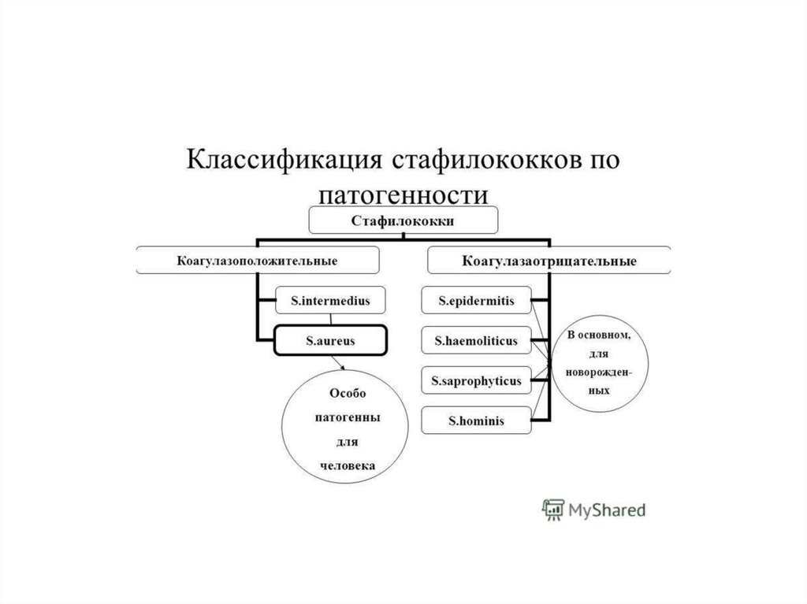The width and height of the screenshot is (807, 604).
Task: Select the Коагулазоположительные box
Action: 258,260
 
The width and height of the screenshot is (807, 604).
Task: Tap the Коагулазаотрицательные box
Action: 549,260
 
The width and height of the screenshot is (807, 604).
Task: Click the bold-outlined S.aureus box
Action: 330,341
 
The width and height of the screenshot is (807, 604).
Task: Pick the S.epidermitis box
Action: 475,300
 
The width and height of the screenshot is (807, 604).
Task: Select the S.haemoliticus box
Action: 475,341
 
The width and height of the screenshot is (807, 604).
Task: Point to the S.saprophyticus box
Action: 475,381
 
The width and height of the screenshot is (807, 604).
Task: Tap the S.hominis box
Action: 475,421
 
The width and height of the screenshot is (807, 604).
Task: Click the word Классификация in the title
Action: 284,160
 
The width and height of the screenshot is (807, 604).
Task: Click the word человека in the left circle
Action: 348,465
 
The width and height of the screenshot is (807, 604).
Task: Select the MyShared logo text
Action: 608,510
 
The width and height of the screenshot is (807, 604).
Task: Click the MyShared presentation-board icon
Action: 552,510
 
